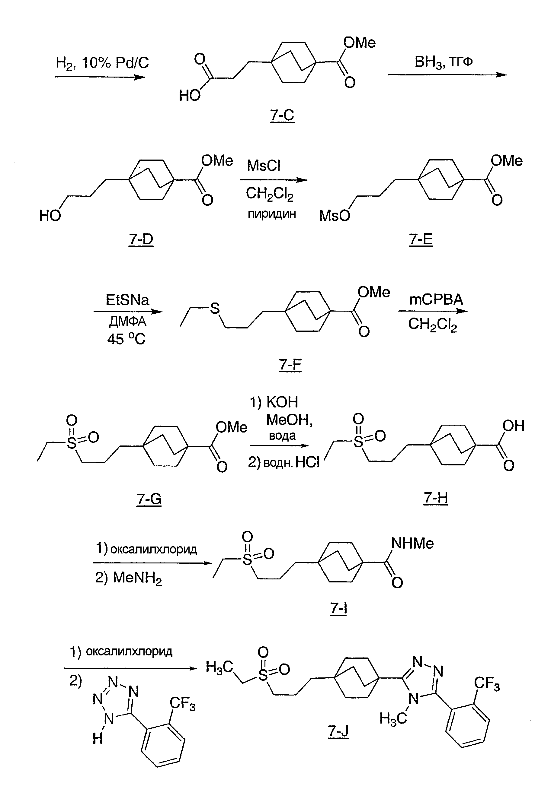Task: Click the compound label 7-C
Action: click(x=282, y=115)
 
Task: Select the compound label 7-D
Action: click(x=141, y=239)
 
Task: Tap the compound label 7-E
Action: click(x=421, y=239)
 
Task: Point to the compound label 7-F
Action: click(x=290, y=364)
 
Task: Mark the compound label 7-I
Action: click(x=338, y=608)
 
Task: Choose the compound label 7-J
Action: click(x=338, y=731)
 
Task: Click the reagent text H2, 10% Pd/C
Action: click(x=102, y=63)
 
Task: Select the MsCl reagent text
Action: click(x=264, y=166)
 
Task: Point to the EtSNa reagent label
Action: click(x=127, y=300)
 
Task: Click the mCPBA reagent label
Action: click(x=436, y=300)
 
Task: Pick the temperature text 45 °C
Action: click(x=126, y=339)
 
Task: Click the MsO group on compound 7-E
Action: click(x=335, y=216)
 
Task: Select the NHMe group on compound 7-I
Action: click(x=412, y=543)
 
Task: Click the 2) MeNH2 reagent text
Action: click(x=129, y=578)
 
